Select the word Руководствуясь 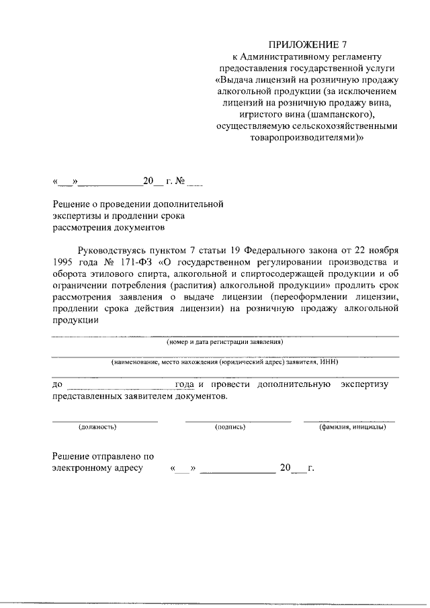coord(110,250)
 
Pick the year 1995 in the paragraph coord(64,262)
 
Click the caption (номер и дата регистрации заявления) coord(225,341)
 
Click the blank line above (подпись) coord(238,420)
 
